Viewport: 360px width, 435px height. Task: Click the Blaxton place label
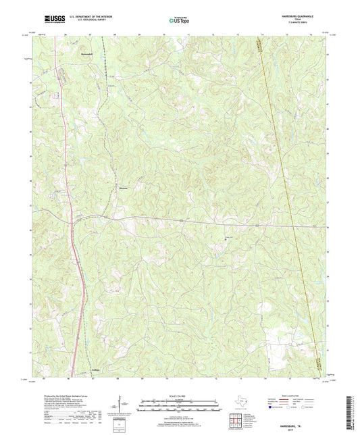[x=124, y=187]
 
